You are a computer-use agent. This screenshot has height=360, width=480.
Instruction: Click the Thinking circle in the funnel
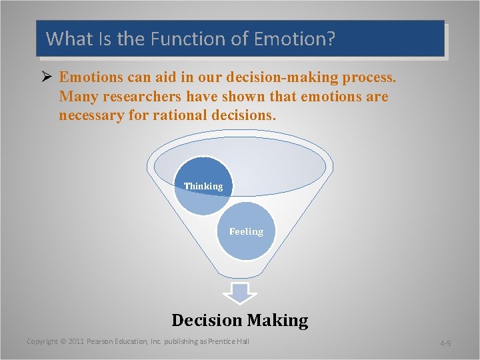203,186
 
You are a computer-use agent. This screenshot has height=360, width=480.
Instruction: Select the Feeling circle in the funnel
247,231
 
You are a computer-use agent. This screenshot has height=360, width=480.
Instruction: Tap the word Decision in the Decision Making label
207,320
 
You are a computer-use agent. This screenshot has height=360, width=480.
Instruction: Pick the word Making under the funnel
277,320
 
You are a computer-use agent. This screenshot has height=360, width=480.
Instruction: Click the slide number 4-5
445,343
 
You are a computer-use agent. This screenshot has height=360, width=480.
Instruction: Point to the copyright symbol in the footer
63,341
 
